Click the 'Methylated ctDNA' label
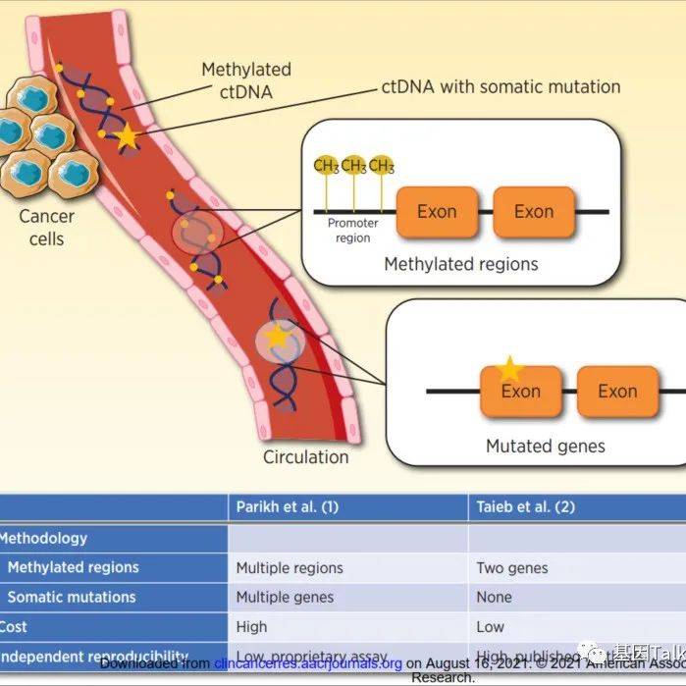coord(245,80)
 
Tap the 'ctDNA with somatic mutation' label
coord(501,87)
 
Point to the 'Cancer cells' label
coord(46,227)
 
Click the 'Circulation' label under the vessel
coord(305,456)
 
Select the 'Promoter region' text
coord(353,231)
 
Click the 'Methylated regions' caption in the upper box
coord(460,264)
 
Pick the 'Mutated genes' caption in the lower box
coord(546,446)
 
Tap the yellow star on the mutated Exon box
coord(509,369)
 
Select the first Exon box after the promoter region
coord(437,212)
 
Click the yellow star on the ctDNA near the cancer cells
coord(127,138)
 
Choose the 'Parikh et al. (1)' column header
coord(288,507)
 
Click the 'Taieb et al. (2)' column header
coord(525,507)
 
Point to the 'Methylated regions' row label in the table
coord(73,567)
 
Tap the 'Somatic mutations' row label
coord(72,597)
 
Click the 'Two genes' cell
coord(511,567)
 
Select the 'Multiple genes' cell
coord(285,597)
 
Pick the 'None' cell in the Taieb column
coord(494,597)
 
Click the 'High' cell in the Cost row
coord(252,626)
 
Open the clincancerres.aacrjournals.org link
coord(308,663)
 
